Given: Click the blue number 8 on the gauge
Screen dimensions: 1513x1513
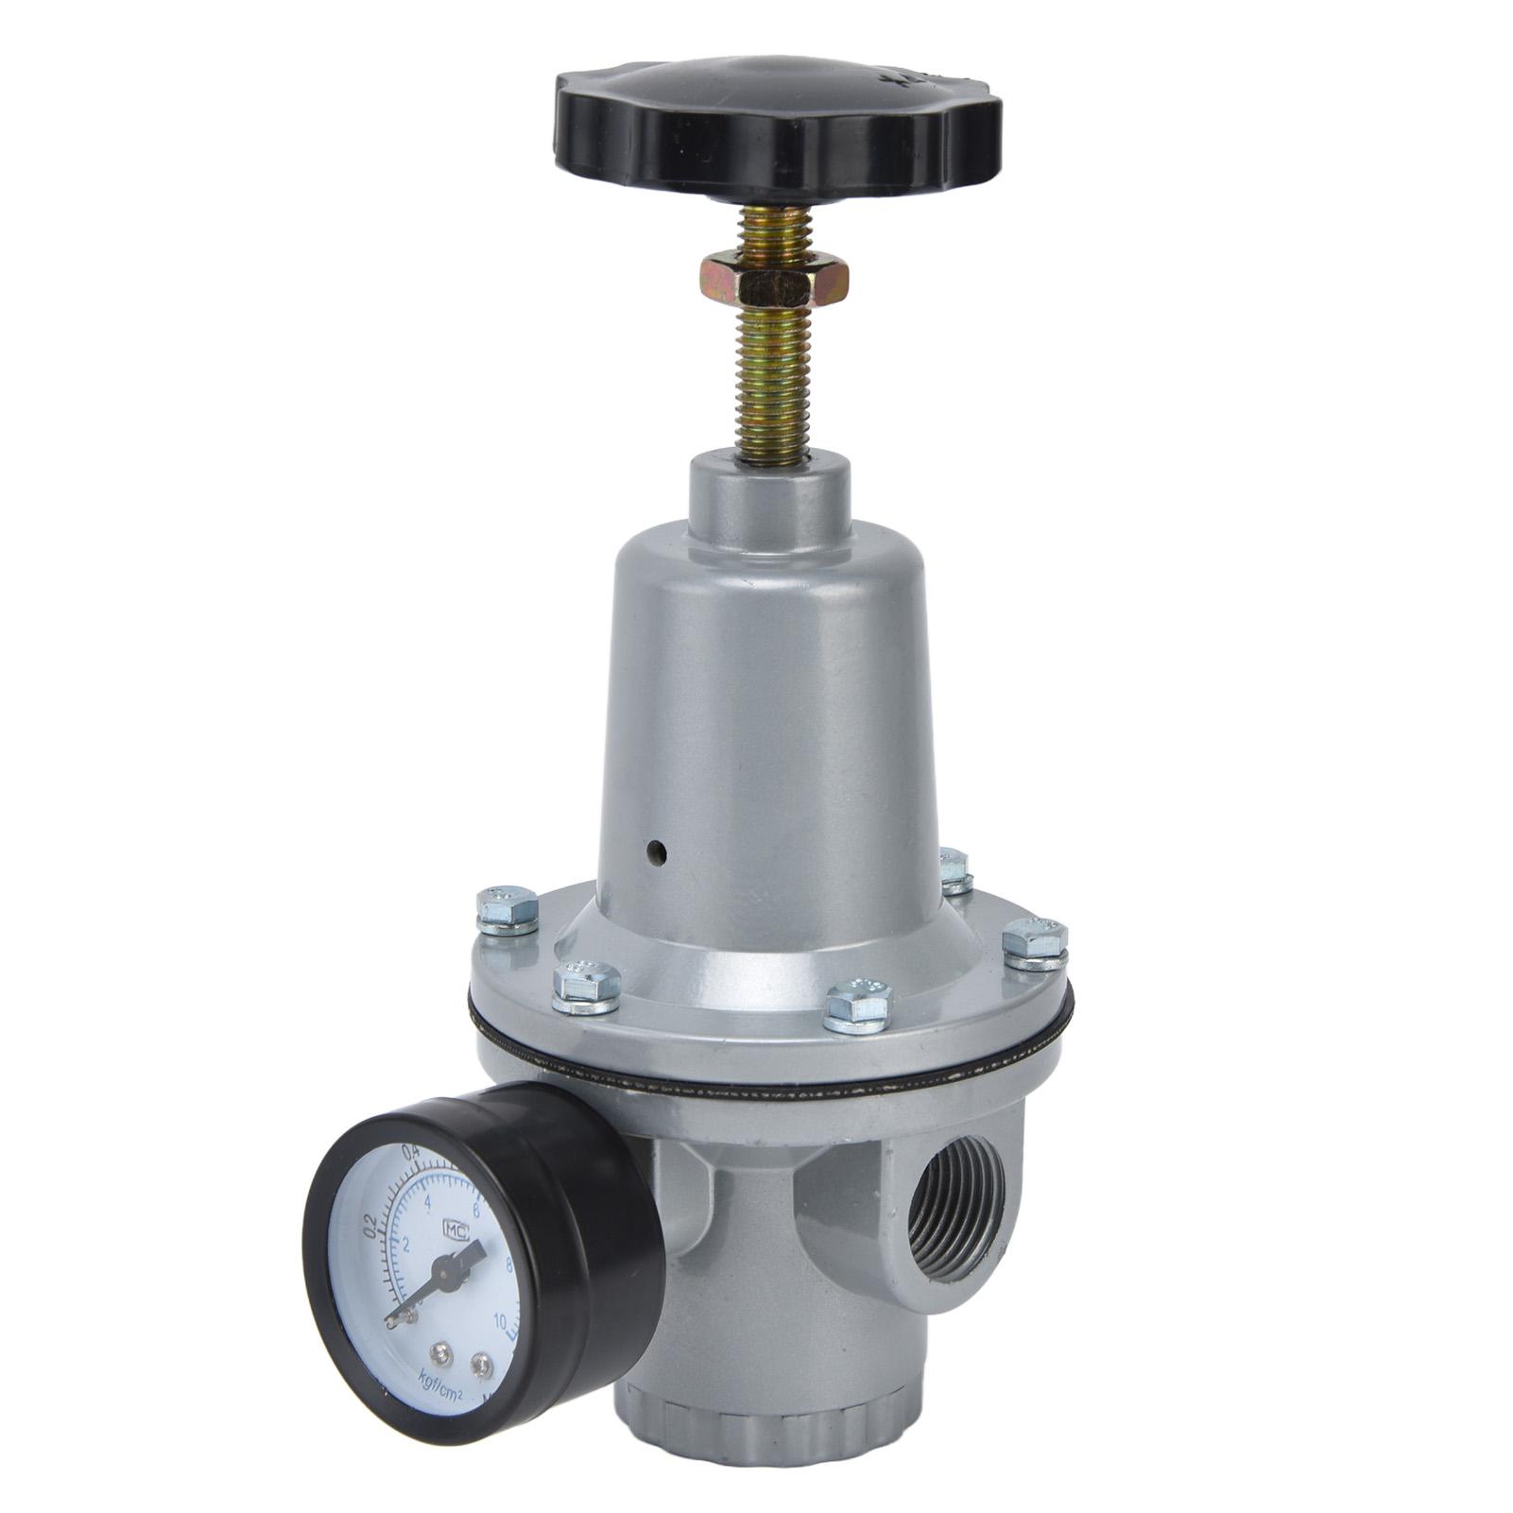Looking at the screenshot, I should click(510, 1262).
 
